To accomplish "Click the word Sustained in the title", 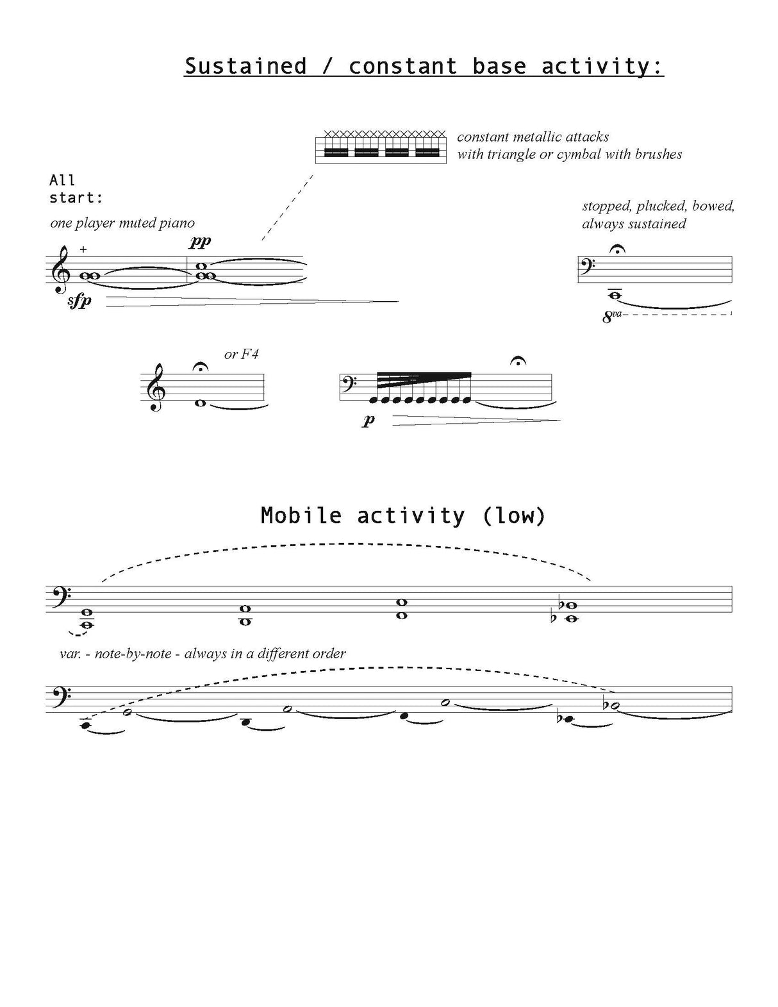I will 245,66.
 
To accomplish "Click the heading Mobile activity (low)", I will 402,515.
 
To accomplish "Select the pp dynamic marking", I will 200,242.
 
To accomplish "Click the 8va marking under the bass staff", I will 612,316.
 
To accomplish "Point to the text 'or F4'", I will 242,354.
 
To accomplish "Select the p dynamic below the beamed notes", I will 368,420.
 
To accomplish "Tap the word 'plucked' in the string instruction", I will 661,206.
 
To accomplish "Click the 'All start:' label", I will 75,189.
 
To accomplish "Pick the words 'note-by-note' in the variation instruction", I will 133,654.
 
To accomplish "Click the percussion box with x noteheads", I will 381,148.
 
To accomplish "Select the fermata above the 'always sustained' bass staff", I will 617,249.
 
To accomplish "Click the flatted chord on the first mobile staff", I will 568,612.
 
